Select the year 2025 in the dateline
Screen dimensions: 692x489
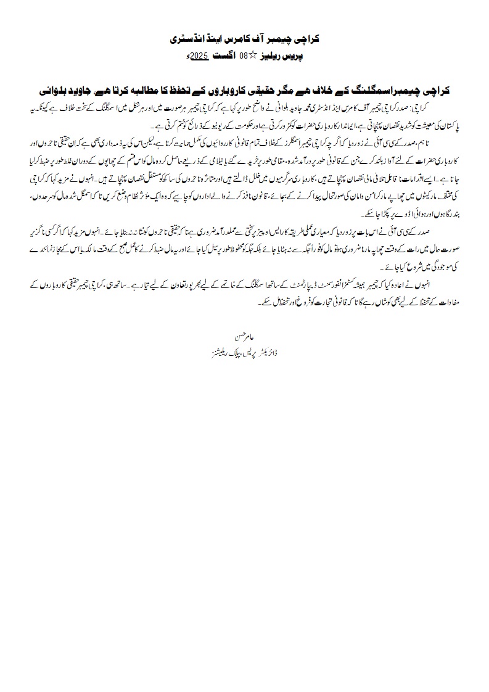point(198,56)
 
